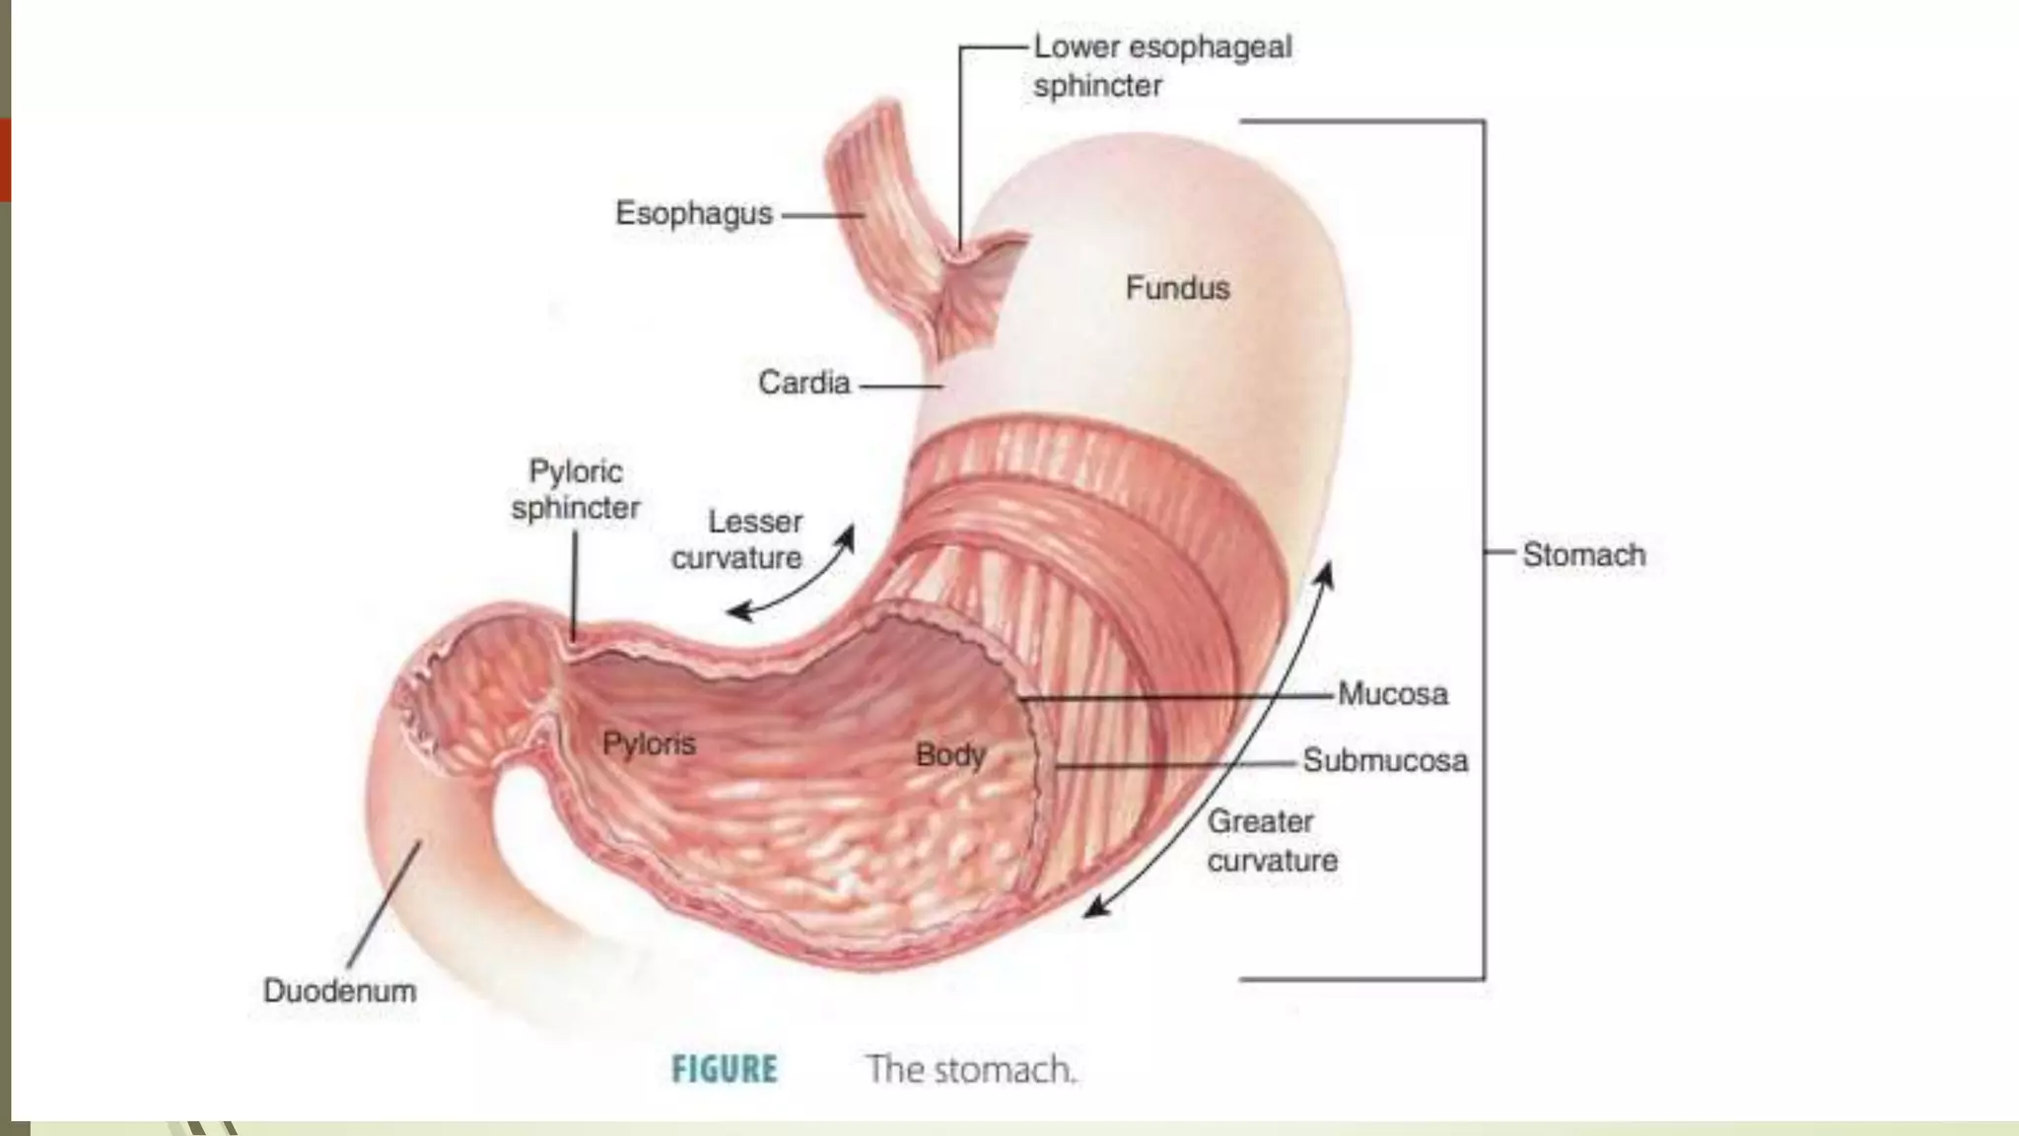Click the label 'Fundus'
click(x=1177, y=288)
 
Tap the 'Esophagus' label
click(x=693, y=213)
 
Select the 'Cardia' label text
click(x=803, y=383)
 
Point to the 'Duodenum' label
click(x=339, y=990)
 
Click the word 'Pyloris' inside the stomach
click(x=649, y=744)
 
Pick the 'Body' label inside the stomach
click(x=950, y=755)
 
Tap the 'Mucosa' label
click(x=1392, y=694)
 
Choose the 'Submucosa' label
click(x=1384, y=760)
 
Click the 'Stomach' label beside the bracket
click(x=1583, y=554)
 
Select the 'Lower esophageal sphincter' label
click(x=1161, y=66)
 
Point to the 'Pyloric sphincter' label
click(x=576, y=489)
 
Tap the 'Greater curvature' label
click(x=1272, y=840)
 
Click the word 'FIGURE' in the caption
click(x=725, y=1069)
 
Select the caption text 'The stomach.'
click(x=970, y=1069)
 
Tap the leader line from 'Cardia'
click(x=900, y=386)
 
